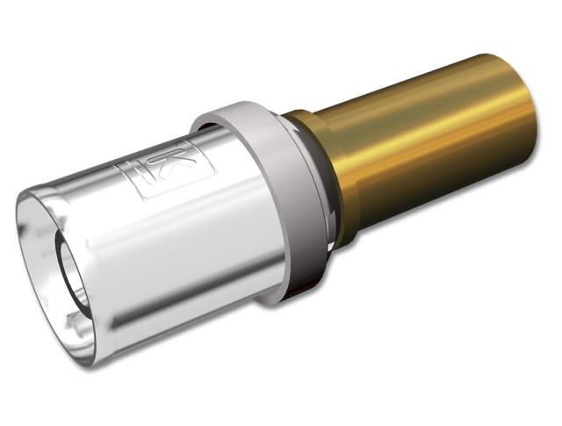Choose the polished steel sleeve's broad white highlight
tap(158, 220)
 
